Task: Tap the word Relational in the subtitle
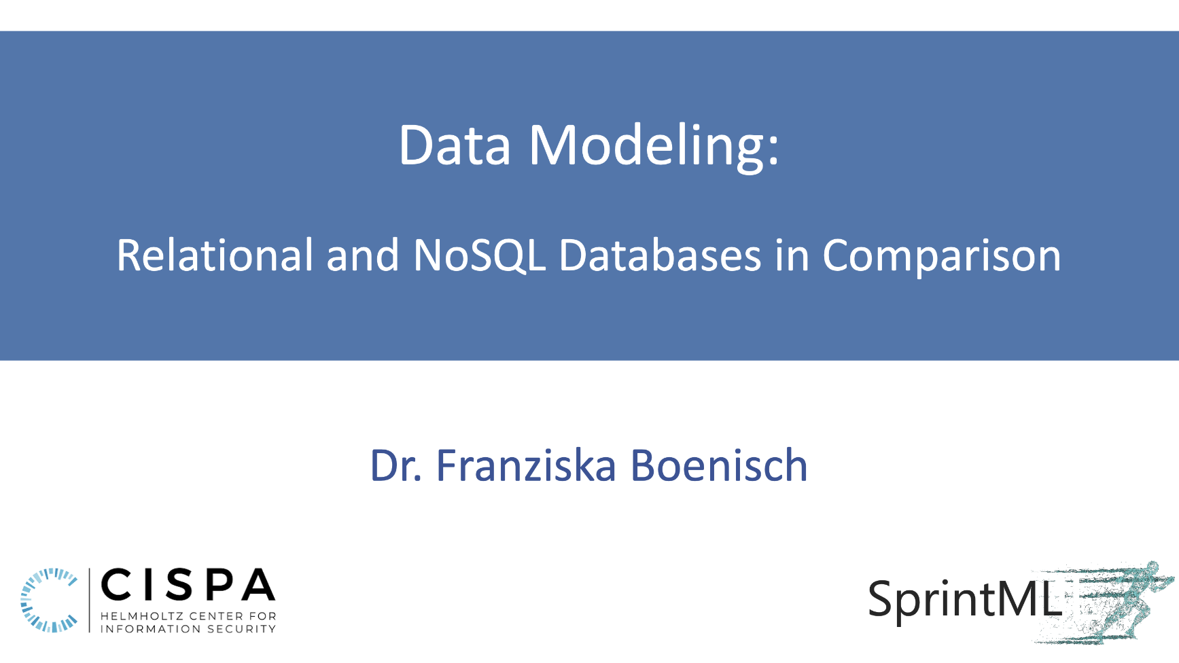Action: tap(215, 255)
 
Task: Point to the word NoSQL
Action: tap(479, 256)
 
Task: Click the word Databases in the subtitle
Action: tap(659, 256)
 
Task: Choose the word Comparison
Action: tap(941, 257)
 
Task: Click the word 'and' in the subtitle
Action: tap(362, 255)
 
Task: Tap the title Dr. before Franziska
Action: tap(396, 466)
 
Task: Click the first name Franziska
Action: tap(525, 466)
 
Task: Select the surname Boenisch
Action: tap(719, 466)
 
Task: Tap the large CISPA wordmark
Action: tap(188, 585)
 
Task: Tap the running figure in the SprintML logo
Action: tap(1121, 601)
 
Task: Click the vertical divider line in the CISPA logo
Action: tap(90, 601)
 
